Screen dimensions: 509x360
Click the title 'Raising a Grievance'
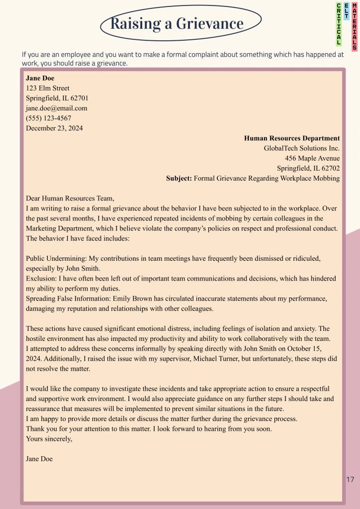(x=177, y=24)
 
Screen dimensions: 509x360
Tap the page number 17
(x=350, y=480)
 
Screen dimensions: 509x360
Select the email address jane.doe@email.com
(x=56, y=108)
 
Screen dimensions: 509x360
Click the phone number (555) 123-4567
(x=48, y=118)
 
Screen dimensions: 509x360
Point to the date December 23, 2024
(x=54, y=128)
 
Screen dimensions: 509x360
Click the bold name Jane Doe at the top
(x=40, y=78)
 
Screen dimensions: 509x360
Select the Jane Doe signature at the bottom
(x=39, y=459)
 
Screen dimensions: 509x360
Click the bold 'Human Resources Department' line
(x=292, y=138)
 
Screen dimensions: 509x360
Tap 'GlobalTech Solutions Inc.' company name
(x=302, y=148)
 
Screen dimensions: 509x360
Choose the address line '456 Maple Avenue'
(x=312, y=158)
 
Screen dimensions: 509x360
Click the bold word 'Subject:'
(x=179, y=178)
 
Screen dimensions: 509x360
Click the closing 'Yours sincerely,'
(x=49, y=439)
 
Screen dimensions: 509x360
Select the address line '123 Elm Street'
(x=48, y=88)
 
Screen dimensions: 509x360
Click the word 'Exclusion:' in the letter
(x=41, y=279)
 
